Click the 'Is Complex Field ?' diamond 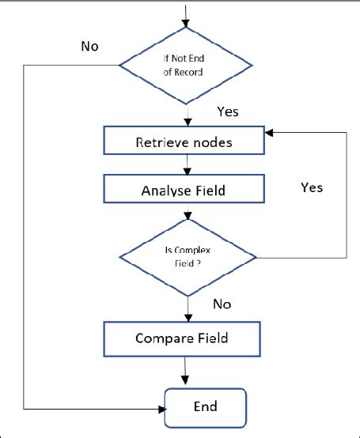pyautogui.click(x=187, y=258)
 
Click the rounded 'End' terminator pyautogui.click(x=206, y=407)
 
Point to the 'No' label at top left pyautogui.click(x=91, y=45)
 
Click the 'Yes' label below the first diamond pyautogui.click(x=227, y=111)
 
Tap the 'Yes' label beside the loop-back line pyautogui.click(x=312, y=187)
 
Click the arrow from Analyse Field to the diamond pyautogui.click(x=187, y=214)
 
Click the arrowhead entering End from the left pyautogui.click(x=161, y=410)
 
